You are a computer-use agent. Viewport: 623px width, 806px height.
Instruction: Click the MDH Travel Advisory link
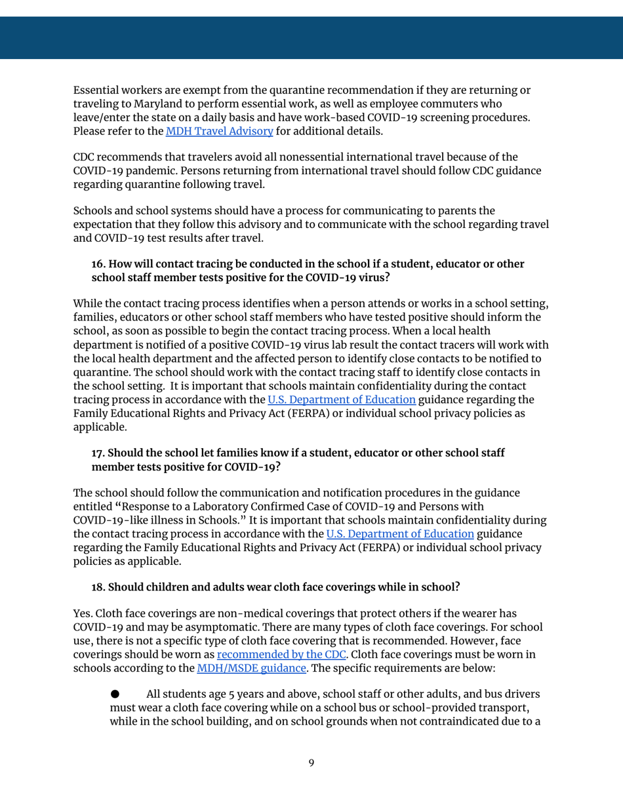(x=219, y=130)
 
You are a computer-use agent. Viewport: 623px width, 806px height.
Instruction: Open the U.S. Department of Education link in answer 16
(x=341, y=399)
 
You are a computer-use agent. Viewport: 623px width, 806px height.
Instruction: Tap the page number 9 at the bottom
(x=311, y=763)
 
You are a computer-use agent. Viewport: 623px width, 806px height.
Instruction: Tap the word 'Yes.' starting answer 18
(x=83, y=614)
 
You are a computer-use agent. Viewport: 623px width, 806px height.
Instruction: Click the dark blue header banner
(x=311, y=38)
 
